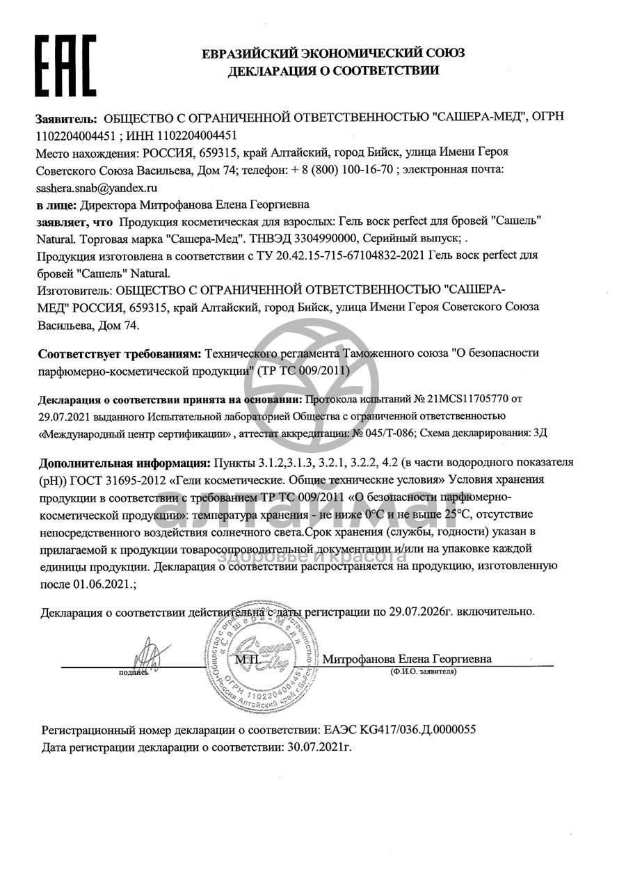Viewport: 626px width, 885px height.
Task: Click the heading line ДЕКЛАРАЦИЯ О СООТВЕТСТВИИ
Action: pyautogui.click(x=333, y=70)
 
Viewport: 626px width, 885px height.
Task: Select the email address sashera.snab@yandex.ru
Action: pyautogui.click(x=97, y=188)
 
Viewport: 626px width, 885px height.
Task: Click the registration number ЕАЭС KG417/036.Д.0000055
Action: pyautogui.click(x=400, y=731)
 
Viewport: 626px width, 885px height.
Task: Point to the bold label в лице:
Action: pyautogui.click(x=56, y=205)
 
